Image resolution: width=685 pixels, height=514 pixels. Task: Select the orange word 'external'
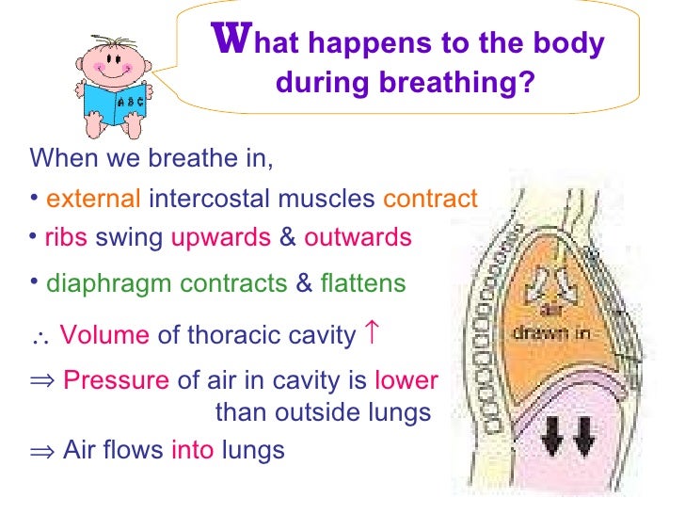[x=94, y=200]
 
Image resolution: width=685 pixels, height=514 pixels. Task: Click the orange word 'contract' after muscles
[x=431, y=200]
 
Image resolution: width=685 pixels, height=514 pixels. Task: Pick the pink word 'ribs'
[x=66, y=237]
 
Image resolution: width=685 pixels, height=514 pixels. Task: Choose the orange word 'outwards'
[x=358, y=237]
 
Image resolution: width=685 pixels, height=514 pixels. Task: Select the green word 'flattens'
[x=363, y=283]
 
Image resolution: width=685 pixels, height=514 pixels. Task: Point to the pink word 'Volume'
[x=104, y=335]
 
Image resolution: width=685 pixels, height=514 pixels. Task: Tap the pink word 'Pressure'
[x=116, y=381]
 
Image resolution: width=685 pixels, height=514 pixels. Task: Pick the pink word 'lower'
[x=406, y=381]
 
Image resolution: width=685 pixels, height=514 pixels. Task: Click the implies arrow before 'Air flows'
[x=41, y=451]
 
